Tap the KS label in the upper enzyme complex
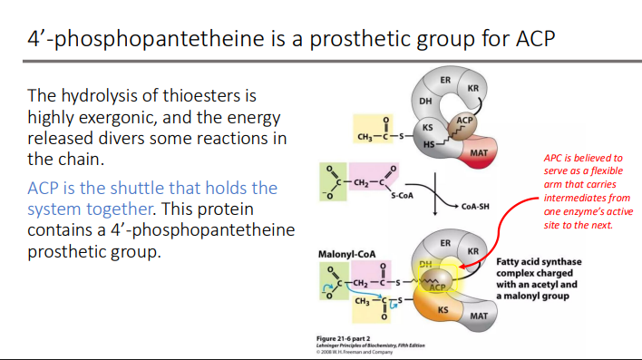point(428,128)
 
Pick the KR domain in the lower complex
point(472,250)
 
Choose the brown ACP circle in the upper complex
point(464,121)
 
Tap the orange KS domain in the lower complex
point(443,311)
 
